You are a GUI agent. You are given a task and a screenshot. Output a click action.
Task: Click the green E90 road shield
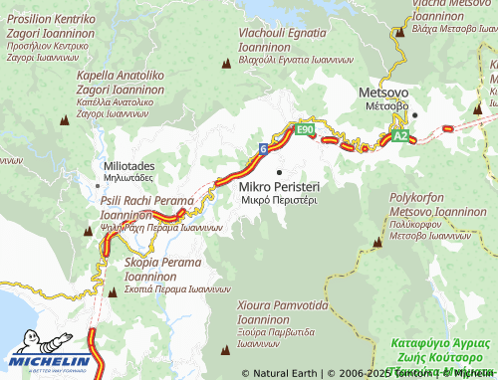pos(305,129)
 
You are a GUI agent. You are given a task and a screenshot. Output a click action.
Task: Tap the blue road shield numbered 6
pos(262,148)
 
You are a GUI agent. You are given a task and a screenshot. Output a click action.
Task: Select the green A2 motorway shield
pos(399,135)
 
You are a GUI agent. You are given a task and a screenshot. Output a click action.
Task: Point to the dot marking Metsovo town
pos(415,114)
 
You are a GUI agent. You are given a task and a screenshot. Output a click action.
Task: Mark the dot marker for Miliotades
pos(98,167)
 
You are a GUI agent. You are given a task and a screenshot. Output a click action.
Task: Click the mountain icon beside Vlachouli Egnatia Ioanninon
pos(226,64)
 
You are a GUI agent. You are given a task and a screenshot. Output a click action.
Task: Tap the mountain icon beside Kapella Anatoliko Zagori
pos(65,120)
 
